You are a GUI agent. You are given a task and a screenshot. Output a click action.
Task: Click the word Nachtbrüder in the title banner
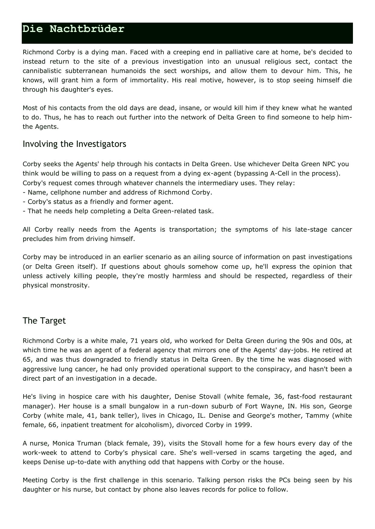pyautogui.click(x=87, y=29)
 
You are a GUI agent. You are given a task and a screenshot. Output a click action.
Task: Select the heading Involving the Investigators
pyautogui.click(x=74, y=144)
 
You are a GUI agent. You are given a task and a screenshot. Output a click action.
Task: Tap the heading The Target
pyautogui.click(x=44, y=321)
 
